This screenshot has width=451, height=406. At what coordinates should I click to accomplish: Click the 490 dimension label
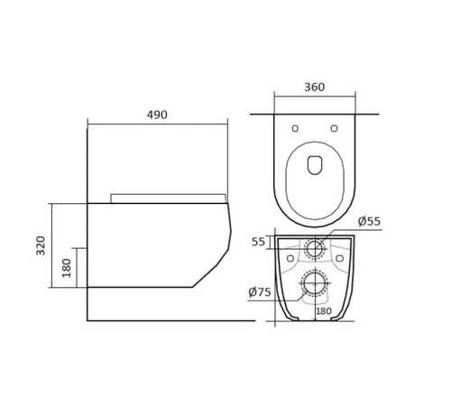pos(157,115)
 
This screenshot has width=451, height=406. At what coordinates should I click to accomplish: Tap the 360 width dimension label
pos(315,87)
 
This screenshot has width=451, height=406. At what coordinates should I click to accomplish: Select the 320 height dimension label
pos(41,245)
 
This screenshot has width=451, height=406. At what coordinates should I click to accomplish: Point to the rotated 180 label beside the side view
pos(67,268)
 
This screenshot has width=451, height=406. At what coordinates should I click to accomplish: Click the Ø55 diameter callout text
pos(369,221)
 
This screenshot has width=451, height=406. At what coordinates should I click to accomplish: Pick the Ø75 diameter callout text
pos(260,291)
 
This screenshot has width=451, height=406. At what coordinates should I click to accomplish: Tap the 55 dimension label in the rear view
pos(258,242)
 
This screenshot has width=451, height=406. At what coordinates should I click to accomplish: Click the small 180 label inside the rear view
pos(324,311)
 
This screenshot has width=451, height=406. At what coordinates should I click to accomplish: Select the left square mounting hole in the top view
pos(295,128)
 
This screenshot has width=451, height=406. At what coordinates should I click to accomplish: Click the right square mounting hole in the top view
pos(334,128)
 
